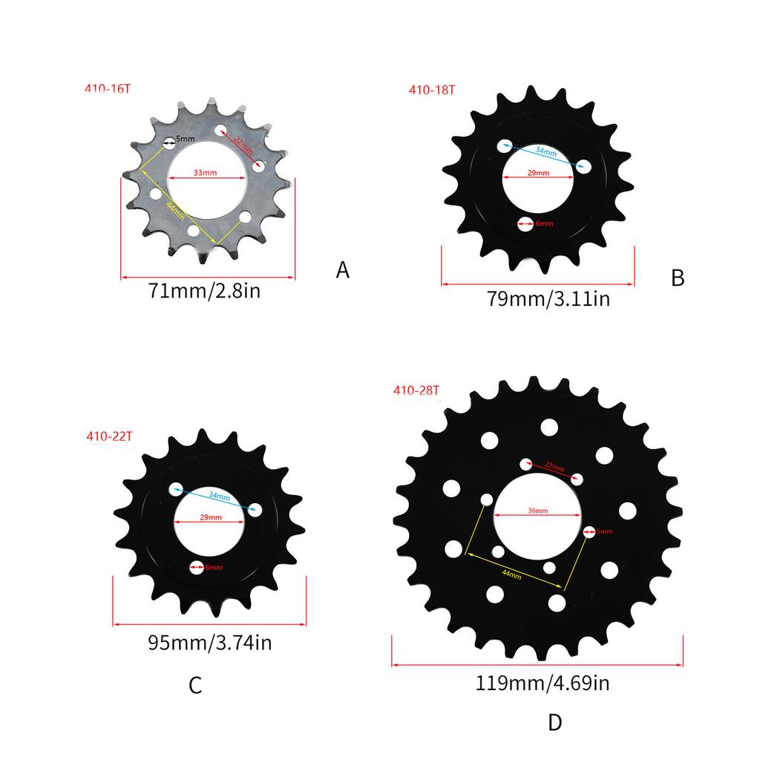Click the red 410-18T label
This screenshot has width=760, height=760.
431,91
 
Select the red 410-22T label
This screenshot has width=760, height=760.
109,436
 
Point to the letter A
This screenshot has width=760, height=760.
342,270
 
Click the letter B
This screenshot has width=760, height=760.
677,278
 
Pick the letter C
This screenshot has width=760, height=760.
195,686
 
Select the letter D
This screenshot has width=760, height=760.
555,722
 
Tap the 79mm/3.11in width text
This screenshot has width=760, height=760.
548,299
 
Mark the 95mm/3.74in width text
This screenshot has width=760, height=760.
209,643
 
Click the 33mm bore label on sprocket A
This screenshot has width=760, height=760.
205,173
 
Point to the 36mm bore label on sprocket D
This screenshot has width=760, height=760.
538,511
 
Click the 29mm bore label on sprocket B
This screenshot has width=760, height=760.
537,173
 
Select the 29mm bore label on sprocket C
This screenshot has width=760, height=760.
210,517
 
